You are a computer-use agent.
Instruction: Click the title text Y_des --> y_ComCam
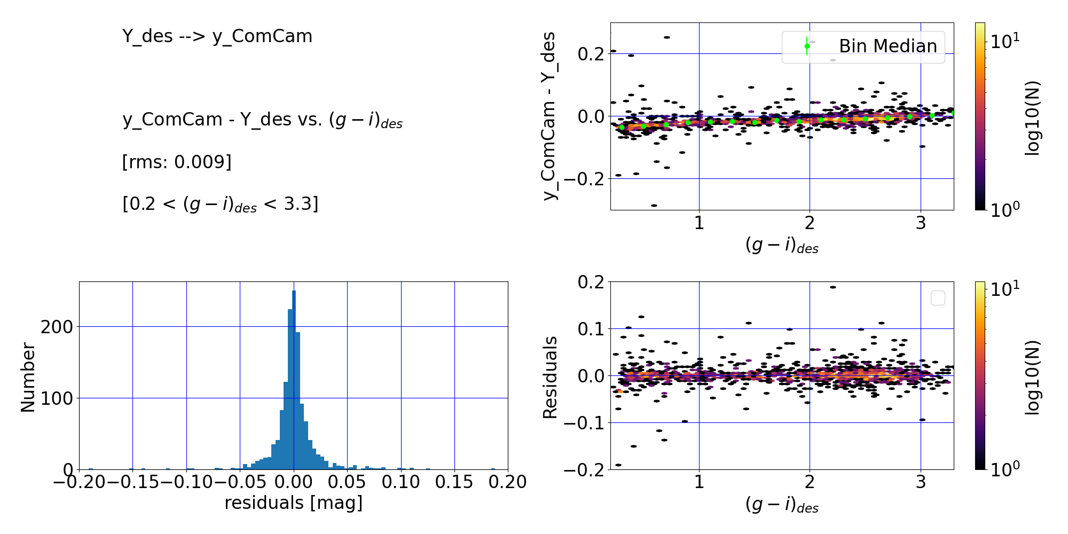(217, 36)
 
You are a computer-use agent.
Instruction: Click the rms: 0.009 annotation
(177, 162)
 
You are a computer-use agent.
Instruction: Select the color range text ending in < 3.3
(220, 204)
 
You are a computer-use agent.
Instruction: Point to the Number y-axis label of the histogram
(28, 377)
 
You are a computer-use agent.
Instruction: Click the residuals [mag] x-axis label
(293, 503)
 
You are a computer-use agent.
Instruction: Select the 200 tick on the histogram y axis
(57, 327)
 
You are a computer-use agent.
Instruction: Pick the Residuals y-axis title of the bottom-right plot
(550, 377)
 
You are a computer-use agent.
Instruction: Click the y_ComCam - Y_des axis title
(549, 116)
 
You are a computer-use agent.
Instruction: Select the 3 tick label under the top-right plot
(921, 223)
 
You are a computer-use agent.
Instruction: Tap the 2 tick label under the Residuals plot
(810, 482)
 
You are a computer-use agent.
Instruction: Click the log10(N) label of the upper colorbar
(1033, 117)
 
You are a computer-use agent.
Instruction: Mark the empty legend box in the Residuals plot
(938, 298)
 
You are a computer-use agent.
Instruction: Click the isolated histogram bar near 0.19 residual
(493, 469)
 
